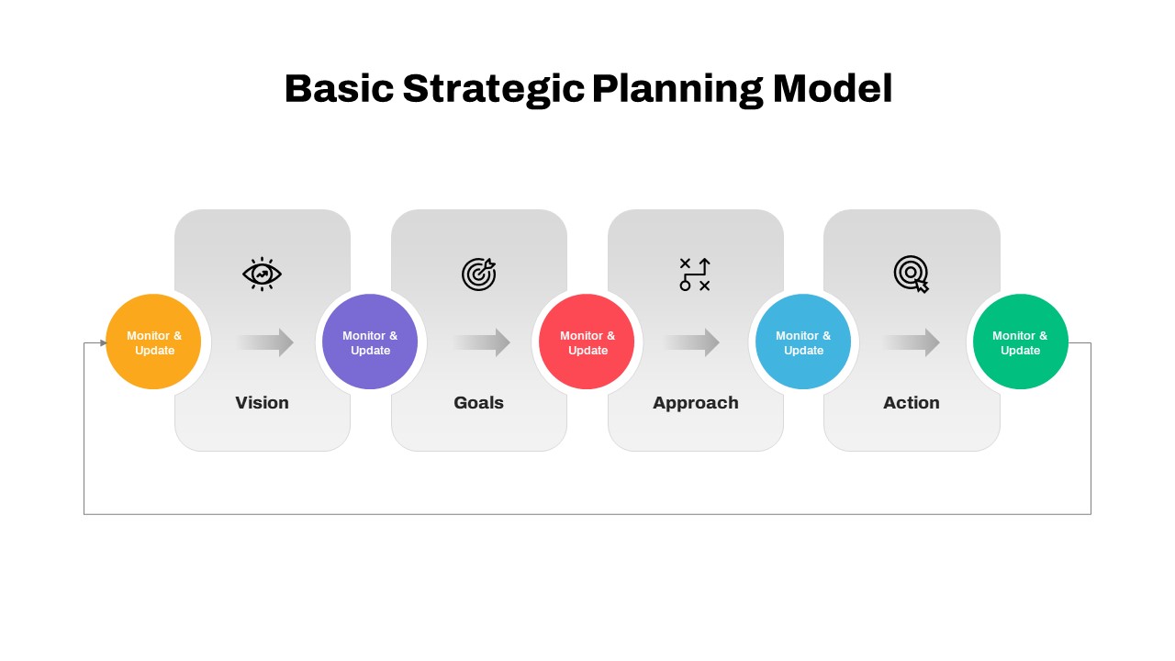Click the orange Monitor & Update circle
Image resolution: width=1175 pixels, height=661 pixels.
(153, 342)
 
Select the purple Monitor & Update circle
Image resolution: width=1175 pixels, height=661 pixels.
(370, 342)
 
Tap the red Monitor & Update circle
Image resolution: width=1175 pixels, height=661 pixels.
(587, 342)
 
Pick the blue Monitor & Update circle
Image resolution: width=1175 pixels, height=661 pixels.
(803, 342)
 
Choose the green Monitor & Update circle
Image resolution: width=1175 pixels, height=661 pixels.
(1020, 342)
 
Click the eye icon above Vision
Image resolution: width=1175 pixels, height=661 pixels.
(262, 274)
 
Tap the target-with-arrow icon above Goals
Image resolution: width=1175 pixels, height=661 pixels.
(478, 274)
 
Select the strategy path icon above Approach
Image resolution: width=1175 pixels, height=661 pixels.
(695, 274)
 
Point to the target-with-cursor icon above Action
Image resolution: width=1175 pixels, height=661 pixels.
(912, 274)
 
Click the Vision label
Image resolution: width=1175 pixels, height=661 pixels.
(262, 403)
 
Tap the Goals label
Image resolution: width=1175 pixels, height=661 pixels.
(478, 403)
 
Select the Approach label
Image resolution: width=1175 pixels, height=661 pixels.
(695, 403)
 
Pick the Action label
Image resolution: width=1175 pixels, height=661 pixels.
(912, 403)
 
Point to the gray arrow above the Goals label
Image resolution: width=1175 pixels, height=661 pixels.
(481, 342)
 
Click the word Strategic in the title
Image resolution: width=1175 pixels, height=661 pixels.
(493, 90)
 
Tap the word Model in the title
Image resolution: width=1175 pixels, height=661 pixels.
(832, 89)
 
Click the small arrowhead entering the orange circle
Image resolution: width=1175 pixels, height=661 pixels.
(103, 343)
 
